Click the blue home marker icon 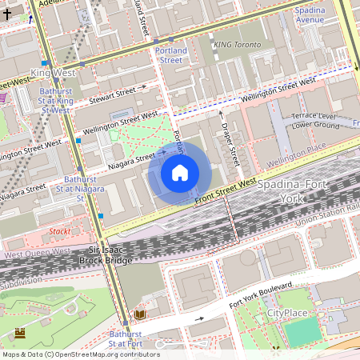[x=180, y=173]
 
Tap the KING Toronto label [x=237, y=46]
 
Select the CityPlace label [x=286, y=313]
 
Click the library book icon [x=140, y=315]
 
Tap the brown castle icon [x=20, y=332]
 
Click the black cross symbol [x=7, y=14]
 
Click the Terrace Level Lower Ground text [x=315, y=120]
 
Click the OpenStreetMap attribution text [x=80, y=354]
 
